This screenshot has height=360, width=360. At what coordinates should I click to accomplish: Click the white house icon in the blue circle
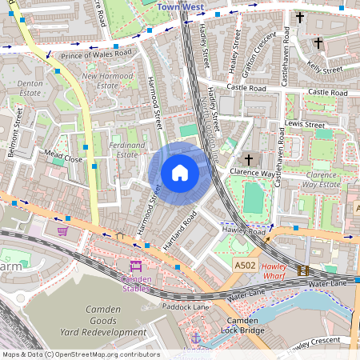pyautogui.click(x=180, y=172)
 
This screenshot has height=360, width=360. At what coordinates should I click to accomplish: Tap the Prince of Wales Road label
pyautogui.click(x=95, y=54)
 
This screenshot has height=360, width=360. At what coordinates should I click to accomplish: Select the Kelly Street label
pyautogui.click(x=324, y=60)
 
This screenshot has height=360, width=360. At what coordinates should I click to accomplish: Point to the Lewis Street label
pyautogui.click(x=305, y=125)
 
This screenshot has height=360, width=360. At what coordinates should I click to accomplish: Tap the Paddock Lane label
pyautogui.click(x=186, y=306)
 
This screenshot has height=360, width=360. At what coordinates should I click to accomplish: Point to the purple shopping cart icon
pyautogui.click(x=62, y=230)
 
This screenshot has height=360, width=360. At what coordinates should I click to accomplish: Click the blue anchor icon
pyautogui.click(x=195, y=338)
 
